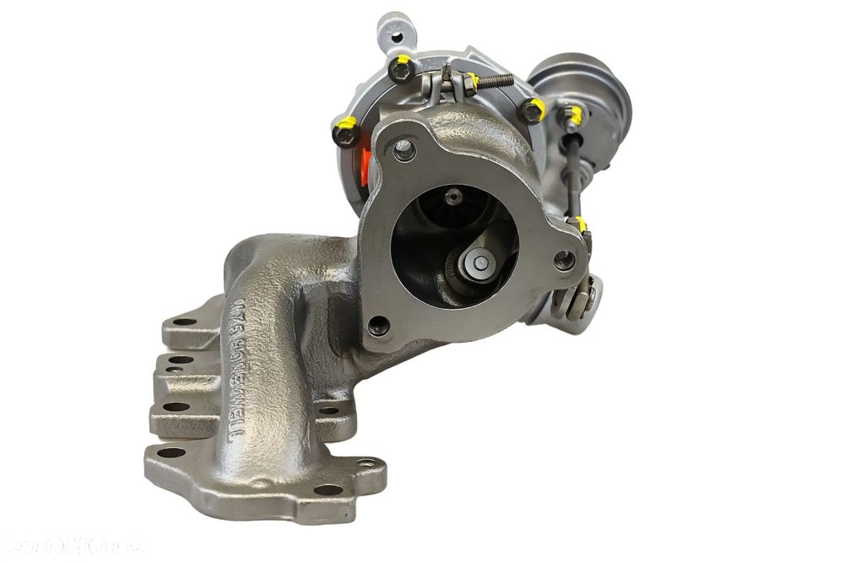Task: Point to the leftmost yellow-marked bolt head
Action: [345, 131]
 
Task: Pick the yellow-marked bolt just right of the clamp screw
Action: [532, 109]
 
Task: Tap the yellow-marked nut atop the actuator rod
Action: [573, 116]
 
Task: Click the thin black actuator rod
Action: [574, 177]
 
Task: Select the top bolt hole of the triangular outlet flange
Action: [404, 150]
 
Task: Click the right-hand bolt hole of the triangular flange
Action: [564, 259]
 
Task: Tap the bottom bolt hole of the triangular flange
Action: [378, 325]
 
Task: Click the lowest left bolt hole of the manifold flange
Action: [171, 452]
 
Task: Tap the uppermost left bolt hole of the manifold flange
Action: [184, 322]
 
